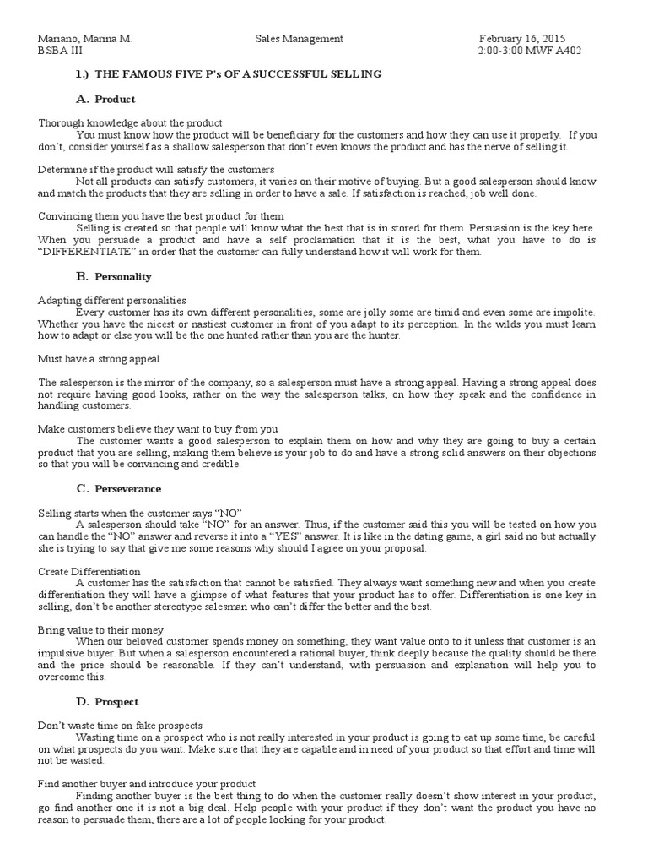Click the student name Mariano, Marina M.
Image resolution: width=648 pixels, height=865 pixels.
click(x=85, y=39)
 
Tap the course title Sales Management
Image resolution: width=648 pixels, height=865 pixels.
click(x=299, y=39)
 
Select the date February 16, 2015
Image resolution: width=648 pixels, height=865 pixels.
click(x=522, y=39)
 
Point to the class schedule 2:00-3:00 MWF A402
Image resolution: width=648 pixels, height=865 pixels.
click(x=529, y=51)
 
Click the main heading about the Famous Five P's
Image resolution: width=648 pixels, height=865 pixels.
click(x=228, y=74)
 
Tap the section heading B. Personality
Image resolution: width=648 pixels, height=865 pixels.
click(x=113, y=276)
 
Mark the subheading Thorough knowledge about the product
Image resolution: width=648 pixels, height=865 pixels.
click(x=130, y=123)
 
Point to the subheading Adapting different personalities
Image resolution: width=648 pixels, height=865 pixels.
click(x=112, y=300)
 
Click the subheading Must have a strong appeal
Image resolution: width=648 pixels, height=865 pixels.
click(x=99, y=359)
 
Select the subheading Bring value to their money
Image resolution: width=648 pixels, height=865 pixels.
click(x=100, y=630)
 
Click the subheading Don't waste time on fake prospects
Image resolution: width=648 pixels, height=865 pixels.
click(x=121, y=725)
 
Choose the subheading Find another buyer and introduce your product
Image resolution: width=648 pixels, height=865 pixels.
click(x=147, y=784)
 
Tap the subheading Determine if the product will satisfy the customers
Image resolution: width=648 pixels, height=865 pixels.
click(x=156, y=170)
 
